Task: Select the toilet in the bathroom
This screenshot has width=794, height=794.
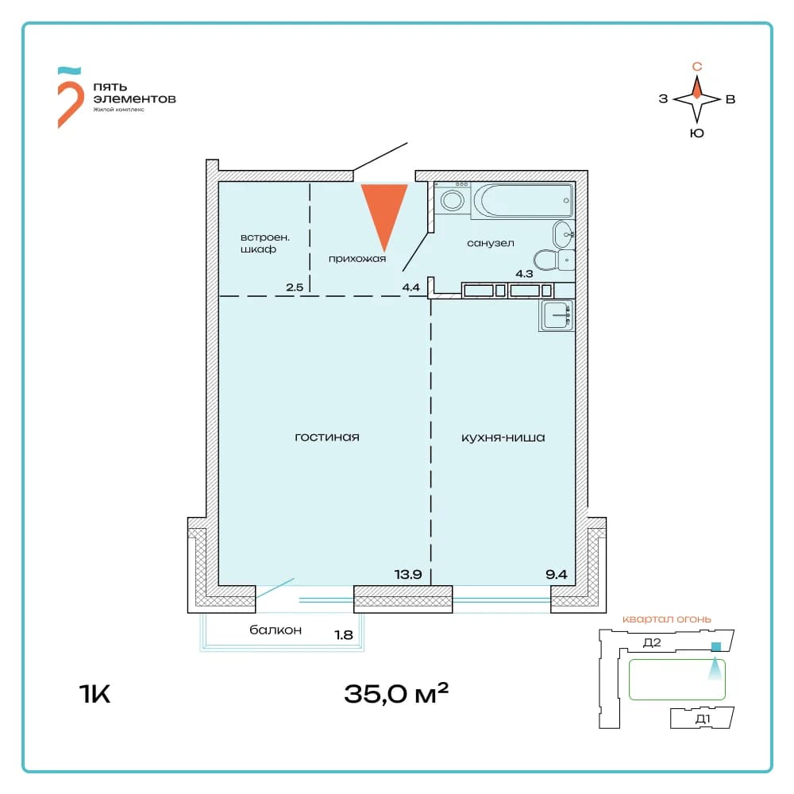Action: click(x=554, y=260)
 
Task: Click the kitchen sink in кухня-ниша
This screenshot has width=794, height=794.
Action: click(x=557, y=315)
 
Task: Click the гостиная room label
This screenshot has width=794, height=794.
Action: click(x=327, y=437)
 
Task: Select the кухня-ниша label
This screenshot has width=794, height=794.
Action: click(x=503, y=437)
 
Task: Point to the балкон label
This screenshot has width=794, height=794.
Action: click(x=276, y=630)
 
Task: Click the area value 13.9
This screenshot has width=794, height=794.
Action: click(x=408, y=574)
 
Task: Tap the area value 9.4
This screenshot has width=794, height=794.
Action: click(x=557, y=574)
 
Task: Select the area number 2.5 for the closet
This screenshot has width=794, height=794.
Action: click(x=295, y=287)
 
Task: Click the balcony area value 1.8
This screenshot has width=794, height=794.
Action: click(x=344, y=634)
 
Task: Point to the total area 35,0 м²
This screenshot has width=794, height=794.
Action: click(x=396, y=692)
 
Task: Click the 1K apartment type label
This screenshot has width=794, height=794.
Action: click(x=94, y=693)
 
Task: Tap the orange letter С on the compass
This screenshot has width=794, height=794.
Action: click(x=697, y=67)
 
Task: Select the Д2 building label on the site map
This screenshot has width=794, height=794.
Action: click(x=652, y=642)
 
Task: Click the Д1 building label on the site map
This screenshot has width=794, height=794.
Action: click(x=703, y=719)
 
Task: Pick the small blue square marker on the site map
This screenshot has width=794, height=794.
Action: click(x=716, y=646)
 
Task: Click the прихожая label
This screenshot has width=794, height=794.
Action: click(x=357, y=259)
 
